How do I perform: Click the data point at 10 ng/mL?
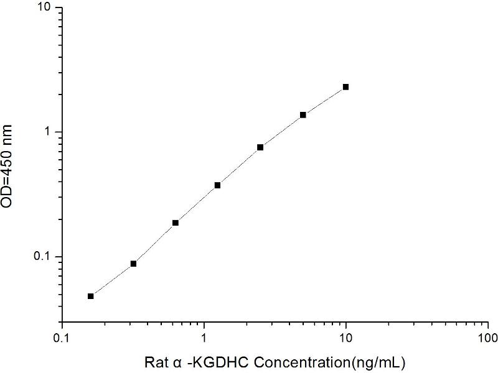[x=345, y=87]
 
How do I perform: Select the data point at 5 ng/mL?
[x=303, y=115]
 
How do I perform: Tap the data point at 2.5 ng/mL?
[x=260, y=147]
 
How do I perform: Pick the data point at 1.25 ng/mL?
[x=218, y=185]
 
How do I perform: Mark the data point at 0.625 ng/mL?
[x=176, y=223]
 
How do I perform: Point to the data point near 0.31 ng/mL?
[x=133, y=264]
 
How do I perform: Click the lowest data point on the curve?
[x=91, y=296]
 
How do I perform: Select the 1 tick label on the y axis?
[x=50, y=132]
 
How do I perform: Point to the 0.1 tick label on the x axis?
[x=62, y=338]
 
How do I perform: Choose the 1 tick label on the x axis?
[x=204, y=338]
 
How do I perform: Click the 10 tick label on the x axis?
[x=346, y=338]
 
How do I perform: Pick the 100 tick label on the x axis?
[x=488, y=338]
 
